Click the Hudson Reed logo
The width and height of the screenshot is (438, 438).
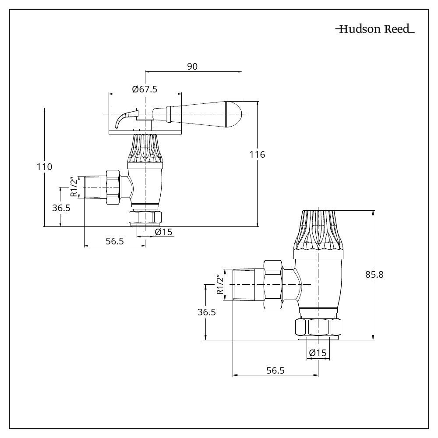375,30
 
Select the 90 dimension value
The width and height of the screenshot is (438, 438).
193,66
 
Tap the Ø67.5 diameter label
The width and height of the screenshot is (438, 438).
145,89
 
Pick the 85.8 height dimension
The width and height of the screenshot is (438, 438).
374,275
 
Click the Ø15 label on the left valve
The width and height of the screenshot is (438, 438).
164,232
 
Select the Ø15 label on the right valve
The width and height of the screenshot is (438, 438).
318,353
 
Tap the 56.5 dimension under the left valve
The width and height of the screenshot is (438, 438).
115,241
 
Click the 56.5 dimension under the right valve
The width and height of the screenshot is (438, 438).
276,371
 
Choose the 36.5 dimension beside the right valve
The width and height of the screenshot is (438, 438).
206,313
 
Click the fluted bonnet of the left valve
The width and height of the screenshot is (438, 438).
145,149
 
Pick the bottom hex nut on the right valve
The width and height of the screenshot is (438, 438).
318,328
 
